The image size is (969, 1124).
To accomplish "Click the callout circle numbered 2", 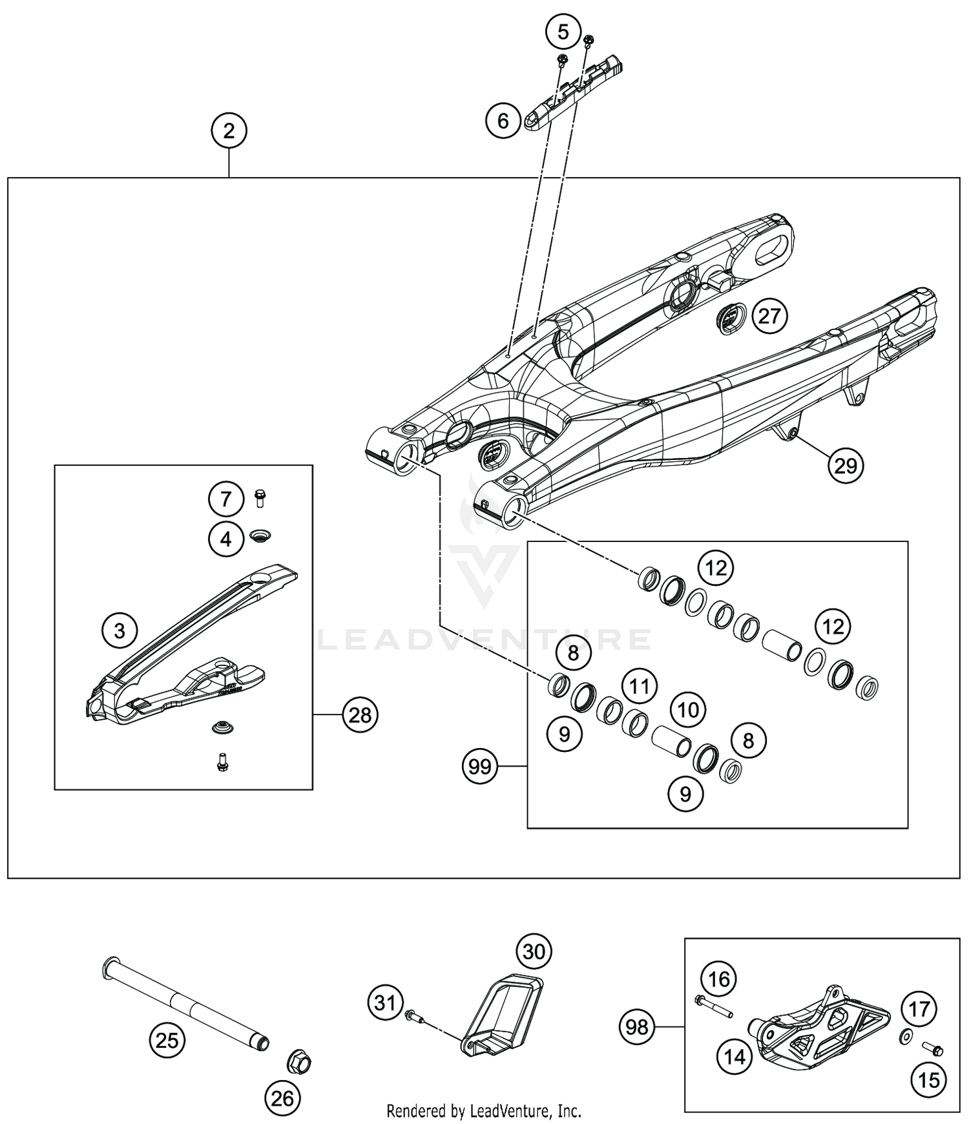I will (229, 131).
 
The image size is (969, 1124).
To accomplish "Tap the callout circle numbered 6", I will (503, 120).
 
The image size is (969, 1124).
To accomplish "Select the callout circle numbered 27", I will (769, 317).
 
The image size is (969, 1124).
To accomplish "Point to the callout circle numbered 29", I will (846, 464).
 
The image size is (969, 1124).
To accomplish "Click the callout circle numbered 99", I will (480, 767).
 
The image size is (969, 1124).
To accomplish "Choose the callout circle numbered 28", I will (360, 714).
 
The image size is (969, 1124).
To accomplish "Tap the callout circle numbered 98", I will (637, 1026).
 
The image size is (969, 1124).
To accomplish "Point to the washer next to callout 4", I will (261, 536).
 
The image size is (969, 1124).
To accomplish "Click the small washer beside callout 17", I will (905, 1038).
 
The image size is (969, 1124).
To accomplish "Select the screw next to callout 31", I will (414, 1018).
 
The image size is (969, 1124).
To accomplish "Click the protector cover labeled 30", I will (503, 1014).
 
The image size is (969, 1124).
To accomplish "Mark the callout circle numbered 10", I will (688, 711).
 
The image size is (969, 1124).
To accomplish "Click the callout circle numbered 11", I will (640, 686).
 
